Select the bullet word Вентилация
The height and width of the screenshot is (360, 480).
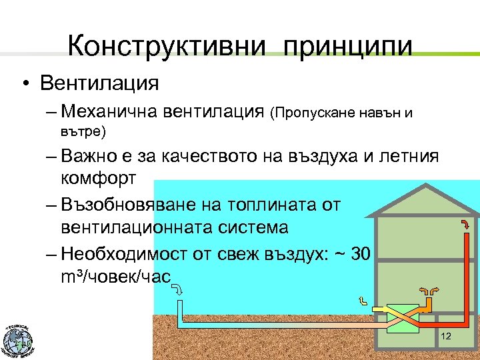coord(99,83)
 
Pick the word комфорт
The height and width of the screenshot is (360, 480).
coord(98,179)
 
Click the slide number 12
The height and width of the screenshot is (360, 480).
coord(446,337)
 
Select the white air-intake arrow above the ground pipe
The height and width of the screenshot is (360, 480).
coord(178,290)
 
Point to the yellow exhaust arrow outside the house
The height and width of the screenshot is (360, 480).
coord(362,301)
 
